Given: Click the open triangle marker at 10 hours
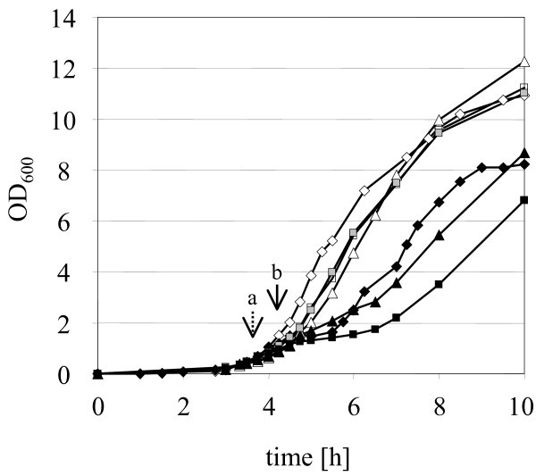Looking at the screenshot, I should coord(524,62).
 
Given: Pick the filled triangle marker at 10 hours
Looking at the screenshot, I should coord(524,153).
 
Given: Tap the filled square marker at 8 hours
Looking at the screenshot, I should coord(439,284).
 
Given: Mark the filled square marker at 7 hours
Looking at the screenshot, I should coord(396,317).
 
